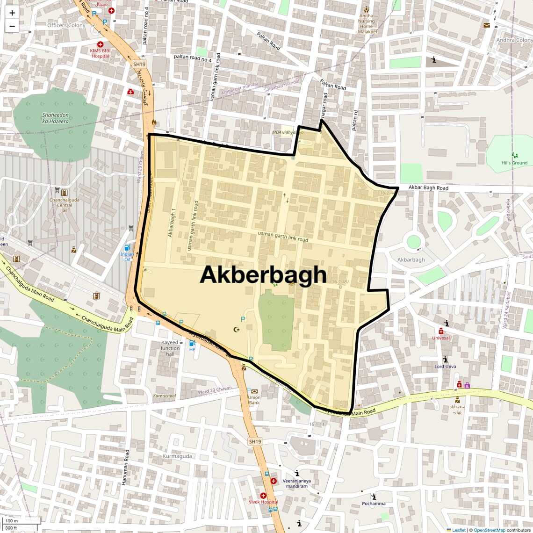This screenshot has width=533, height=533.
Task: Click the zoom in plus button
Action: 12,13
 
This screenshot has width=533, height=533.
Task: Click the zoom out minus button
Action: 12,26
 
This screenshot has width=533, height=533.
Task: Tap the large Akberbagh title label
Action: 263,275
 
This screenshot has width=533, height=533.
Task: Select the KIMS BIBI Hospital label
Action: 101,53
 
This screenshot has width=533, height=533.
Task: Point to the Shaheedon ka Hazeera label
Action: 55,118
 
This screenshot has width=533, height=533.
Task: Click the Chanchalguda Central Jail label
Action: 65,205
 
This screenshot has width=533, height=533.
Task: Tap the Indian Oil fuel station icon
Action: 127,248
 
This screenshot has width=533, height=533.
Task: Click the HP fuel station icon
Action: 192,343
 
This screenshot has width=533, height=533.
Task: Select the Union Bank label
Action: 254,400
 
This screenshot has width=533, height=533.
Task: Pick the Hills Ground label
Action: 514,163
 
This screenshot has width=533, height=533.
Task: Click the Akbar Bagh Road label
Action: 428,187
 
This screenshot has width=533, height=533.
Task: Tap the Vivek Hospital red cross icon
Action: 263,496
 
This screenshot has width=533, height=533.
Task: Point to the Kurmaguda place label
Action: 177,456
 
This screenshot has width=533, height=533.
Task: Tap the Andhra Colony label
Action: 514,40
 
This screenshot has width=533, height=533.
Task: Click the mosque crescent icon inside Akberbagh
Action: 237,330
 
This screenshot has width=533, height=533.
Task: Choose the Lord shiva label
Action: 445,367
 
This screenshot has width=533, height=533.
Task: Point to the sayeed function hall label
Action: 170,348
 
